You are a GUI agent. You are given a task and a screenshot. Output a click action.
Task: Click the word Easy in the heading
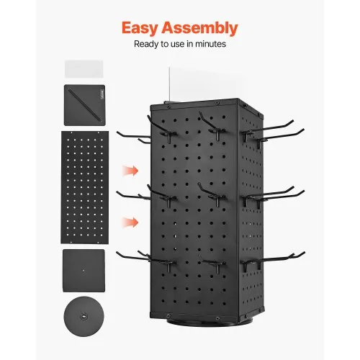(x=140, y=28)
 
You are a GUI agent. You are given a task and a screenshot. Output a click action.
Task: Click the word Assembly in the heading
(x=199, y=28)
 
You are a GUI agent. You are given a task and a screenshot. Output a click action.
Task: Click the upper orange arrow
(x=130, y=171)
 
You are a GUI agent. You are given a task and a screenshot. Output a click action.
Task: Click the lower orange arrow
(x=130, y=222)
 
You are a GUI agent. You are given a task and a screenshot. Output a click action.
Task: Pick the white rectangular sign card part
(x=84, y=69)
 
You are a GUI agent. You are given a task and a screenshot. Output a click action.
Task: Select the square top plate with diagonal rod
(x=84, y=105)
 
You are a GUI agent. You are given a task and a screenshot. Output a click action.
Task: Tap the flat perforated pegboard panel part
(x=85, y=187)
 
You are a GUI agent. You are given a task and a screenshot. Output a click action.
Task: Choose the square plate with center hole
(x=84, y=271)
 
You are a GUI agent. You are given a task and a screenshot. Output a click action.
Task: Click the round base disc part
(x=84, y=316)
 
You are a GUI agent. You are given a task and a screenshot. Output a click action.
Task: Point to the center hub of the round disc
(x=84, y=317)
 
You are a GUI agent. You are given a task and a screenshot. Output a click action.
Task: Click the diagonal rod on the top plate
(x=84, y=104)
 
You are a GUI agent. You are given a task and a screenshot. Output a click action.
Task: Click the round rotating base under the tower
(x=209, y=322)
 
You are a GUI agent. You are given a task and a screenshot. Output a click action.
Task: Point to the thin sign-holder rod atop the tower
(x=169, y=84)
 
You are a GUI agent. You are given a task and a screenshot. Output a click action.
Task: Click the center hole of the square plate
(x=84, y=271)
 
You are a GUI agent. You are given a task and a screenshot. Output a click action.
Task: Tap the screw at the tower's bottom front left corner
(x=168, y=315)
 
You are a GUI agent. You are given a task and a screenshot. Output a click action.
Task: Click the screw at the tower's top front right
(x=217, y=103)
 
